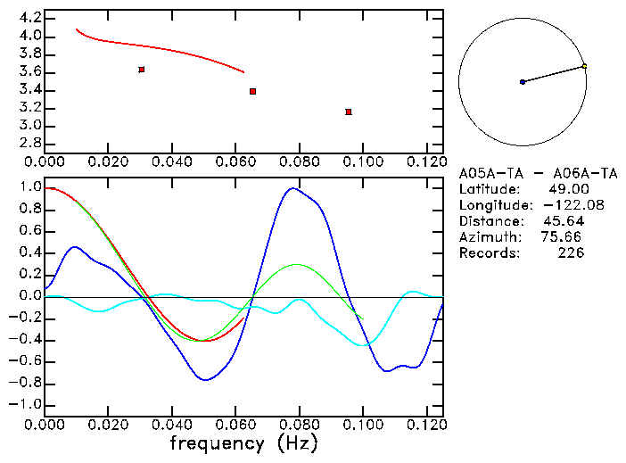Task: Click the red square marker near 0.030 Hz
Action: (x=142, y=69)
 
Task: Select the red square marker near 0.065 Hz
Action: (x=253, y=91)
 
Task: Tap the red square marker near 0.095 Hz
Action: (x=349, y=112)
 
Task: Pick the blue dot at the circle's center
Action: (x=523, y=82)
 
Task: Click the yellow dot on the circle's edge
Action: (x=584, y=66)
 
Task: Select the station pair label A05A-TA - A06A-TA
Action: (x=539, y=173)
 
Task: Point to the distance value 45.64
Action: (x=564, y=221)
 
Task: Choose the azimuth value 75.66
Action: (x=562, y=237)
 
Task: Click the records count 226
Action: (x=571, y=253)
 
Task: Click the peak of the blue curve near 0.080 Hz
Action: (x=292, y=188)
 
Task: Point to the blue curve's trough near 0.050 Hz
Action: (x=207, y=380)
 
